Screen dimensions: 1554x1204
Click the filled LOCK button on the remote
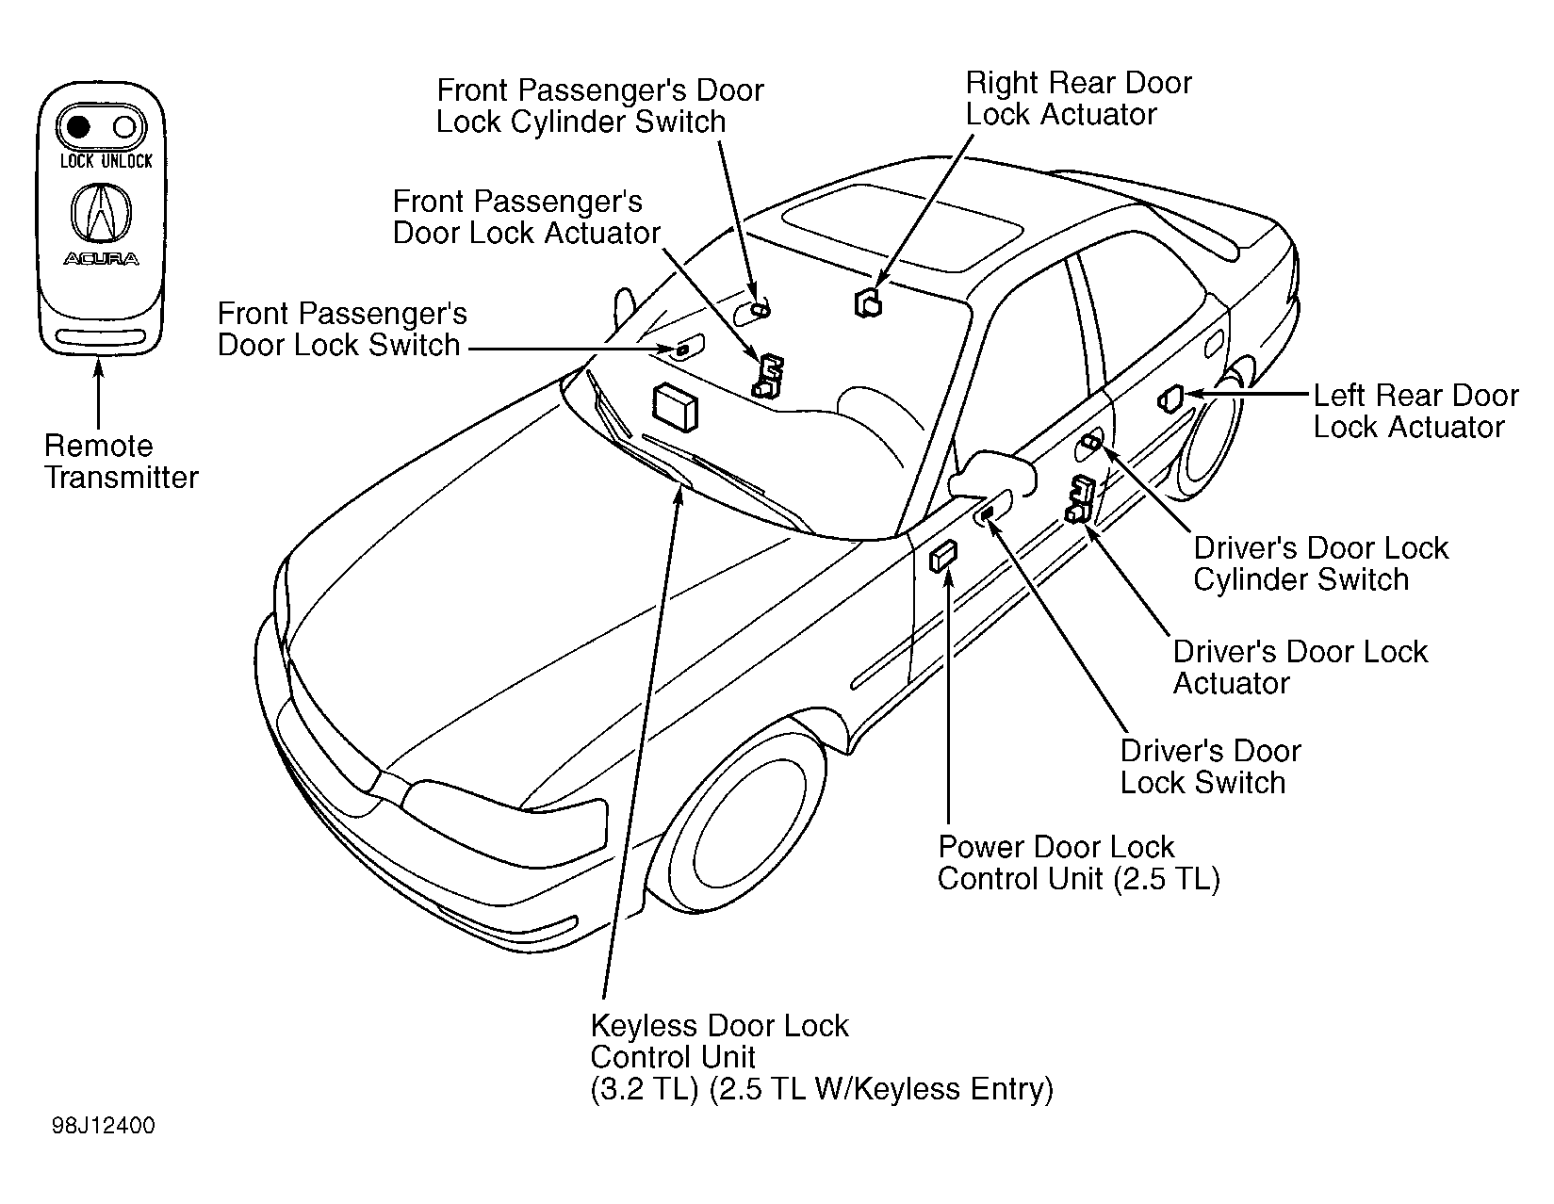(x=77, y=127)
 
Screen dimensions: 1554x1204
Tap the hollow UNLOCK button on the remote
(x=124, y=127)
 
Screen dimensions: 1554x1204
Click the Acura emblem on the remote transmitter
(x=102, y=213)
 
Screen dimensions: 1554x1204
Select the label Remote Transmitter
(x=121, y=461)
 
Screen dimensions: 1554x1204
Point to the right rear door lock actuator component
(x=868, y=303)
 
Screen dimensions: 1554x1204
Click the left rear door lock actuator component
(x=1170, y=399)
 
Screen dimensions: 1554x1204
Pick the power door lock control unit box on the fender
(x=943, y=556)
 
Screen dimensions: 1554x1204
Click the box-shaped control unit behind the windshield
(x=675, y=408)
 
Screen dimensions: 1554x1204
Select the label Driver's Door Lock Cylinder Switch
(x=1320, y=563)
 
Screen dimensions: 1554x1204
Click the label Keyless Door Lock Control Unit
(x=719, y=1041)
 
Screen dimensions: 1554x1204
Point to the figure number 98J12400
(x=103, y=1126)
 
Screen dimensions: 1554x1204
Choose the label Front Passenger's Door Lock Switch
(x=342, y=329)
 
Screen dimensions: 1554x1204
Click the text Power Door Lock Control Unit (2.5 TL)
(x=1078, y=862)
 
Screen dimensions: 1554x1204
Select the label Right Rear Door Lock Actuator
(x=1078, y=99)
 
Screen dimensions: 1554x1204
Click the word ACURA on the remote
(x=102, y=259)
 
